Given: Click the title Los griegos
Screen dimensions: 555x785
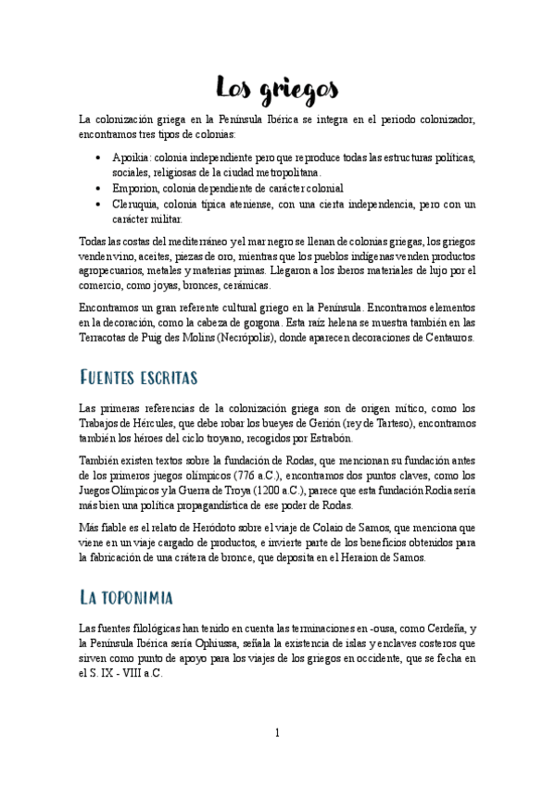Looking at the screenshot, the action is click(277, 89).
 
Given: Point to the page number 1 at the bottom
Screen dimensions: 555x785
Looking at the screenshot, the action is click(277, 734).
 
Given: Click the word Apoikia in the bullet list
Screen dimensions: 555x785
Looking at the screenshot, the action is click(131, 157).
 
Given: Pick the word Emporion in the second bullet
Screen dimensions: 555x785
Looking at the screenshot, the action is click(136, 187).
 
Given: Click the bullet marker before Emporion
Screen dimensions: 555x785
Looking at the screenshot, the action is click(99, 188).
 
